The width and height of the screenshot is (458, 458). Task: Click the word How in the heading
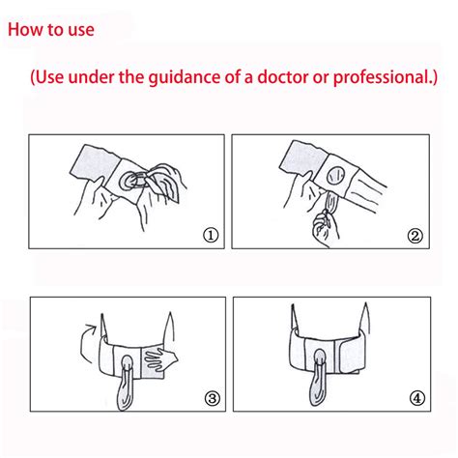(26, 30)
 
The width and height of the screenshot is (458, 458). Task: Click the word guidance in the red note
(185, 77)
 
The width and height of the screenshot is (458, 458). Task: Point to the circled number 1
(211, 236)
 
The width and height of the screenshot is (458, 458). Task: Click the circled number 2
(415, 236)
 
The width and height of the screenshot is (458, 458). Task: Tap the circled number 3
(213, 398)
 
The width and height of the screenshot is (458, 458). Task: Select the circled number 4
(416, 398)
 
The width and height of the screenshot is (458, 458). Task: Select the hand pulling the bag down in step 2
(325, 227)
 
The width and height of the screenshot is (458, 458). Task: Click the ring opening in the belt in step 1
(129, 180)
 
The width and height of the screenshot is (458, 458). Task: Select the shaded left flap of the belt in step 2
(303, 158)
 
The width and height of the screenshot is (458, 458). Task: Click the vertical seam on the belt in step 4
(335, 356)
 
